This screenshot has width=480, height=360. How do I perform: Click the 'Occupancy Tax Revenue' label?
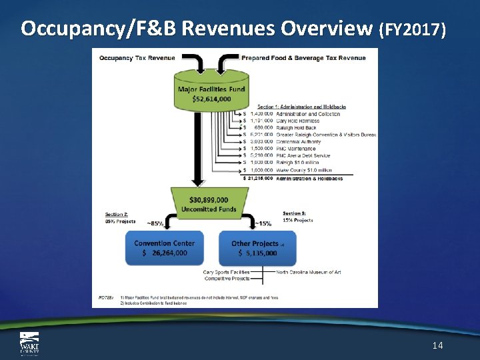(x=137, y=57)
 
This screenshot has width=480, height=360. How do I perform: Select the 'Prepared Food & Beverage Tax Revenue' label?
(x=303, y=57)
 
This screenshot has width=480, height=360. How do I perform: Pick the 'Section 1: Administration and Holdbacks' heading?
(x=301, y=107)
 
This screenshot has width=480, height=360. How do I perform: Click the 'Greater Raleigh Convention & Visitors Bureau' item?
(x=326, y=135)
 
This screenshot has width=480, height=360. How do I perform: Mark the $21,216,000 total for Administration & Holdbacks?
(x=258, y=178)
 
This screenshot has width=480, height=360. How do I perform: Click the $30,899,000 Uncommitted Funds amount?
(x=209, y=200)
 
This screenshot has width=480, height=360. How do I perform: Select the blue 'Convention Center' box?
(x=165, y=248)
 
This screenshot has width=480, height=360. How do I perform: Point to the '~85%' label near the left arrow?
(x=155, y=223)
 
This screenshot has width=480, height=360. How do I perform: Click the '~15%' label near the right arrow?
(x=263, y=223)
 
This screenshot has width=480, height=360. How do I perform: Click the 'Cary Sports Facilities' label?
(x=227, y=271)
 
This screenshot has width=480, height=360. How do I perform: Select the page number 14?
(x=437, y=345)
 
